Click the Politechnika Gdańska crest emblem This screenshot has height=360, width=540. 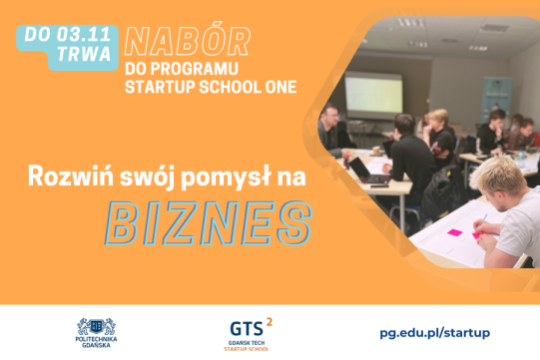pyautogui.click(x=97, y=326)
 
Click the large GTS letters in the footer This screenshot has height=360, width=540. pyautogui.click(x=247, y=328)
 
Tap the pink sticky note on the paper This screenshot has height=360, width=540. pyautogui.click(x=453, y=232)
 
